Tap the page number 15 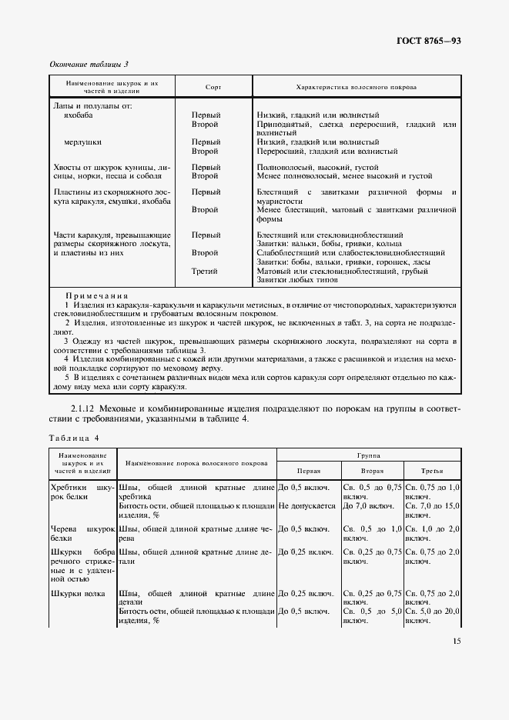(457, 641)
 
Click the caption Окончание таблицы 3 (89, 64)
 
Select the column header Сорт (213, 87)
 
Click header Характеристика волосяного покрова (357, 87)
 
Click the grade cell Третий (205, 271)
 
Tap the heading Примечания (96, 295)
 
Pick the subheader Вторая (372, 470)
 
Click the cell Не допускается (306, 506)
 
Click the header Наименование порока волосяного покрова (196, 463)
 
